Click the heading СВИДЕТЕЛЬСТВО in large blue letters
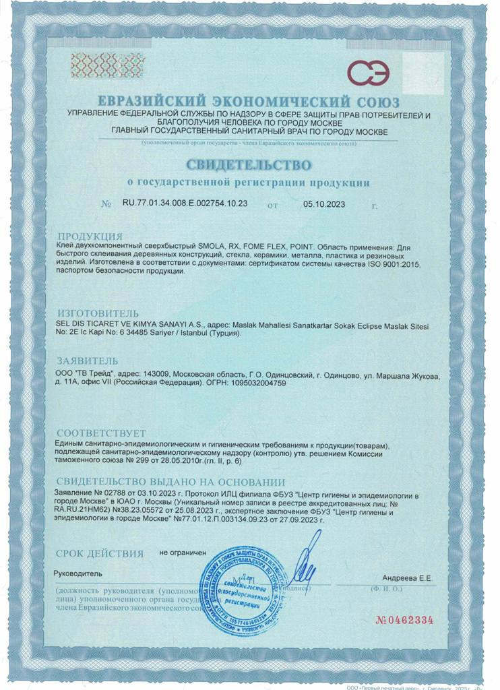click(249, 165)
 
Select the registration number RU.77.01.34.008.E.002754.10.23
click(185, 203)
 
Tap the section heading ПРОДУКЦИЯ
click(90, 237)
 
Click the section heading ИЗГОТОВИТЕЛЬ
click(98, 313)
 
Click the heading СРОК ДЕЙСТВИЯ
click(100, 554)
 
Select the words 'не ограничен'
click(182, 553)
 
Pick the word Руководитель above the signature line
click(77, 573)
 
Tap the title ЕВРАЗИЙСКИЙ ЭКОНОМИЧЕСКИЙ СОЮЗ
click(249, 102)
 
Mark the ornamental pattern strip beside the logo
click(99, 66)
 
